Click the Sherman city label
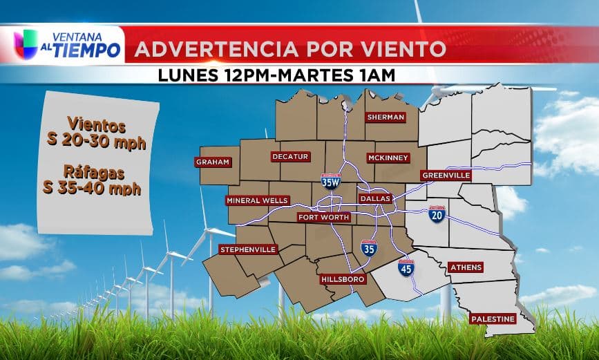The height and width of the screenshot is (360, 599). pyautogui.click(x=386, y=117)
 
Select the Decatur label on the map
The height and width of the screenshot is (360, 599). pyautogui.click(x=289, y=157)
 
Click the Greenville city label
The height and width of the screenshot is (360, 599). pyautogui.click(x=446, y=176)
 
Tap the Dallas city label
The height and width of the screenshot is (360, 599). pyautogui.click(x=376, y=198)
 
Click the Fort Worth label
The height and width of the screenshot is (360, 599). pyautogui.click(x=324, y=217)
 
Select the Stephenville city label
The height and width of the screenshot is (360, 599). pyautogui.click(x=248, y=249)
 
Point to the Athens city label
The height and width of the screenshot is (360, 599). pyautogui.click(x=466, y=267)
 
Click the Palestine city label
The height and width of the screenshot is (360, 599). pyautogui.click(x=493, y=319)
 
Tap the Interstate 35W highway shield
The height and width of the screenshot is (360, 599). pyautogui.click(x=331, y=181)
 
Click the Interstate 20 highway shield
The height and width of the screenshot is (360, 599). pyautogui.click(x=437, y=214)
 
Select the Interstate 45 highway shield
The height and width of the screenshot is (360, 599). pyautogui.click(x=406, y=268)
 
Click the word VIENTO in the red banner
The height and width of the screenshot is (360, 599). pyautogui.click(x=405, y=49)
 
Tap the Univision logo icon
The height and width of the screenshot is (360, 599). pyautogui.click(x=26, y=44)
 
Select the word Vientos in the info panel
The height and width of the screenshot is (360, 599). pyautogui.click(x=96, y=127)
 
